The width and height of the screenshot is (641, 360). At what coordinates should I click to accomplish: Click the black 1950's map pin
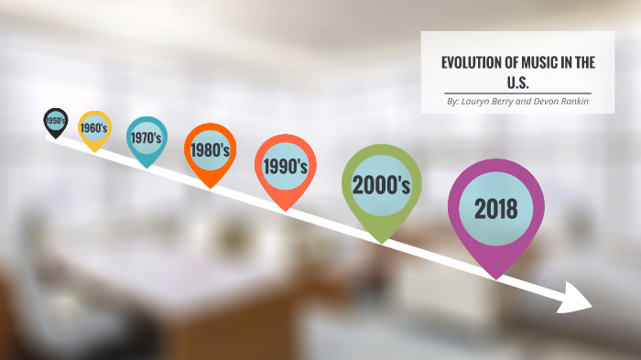tap(55, 120)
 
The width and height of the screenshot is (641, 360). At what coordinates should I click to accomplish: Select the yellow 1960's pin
tap(93, 128)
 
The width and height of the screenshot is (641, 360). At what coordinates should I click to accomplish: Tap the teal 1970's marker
tap(146, 138)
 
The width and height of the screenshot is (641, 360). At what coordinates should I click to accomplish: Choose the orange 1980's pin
tap(211, 149)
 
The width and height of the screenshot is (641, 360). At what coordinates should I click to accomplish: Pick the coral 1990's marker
tap(285, 166)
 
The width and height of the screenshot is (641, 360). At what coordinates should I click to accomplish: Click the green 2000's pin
tap(381, 185)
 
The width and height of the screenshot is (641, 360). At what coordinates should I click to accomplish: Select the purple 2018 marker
tap(495, 209)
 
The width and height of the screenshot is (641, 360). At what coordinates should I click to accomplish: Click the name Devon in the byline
tap(540, 101)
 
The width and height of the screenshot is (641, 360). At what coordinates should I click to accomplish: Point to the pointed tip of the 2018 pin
tap(495, 278)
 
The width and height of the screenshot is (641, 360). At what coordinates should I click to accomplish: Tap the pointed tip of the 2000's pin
tap(381, 243)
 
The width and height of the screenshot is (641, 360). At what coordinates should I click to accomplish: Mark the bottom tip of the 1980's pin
tap(211, 188)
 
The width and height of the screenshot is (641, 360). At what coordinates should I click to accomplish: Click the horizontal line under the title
tap(517, 93)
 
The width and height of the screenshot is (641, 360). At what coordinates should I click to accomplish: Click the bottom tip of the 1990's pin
tap(285, 212)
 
